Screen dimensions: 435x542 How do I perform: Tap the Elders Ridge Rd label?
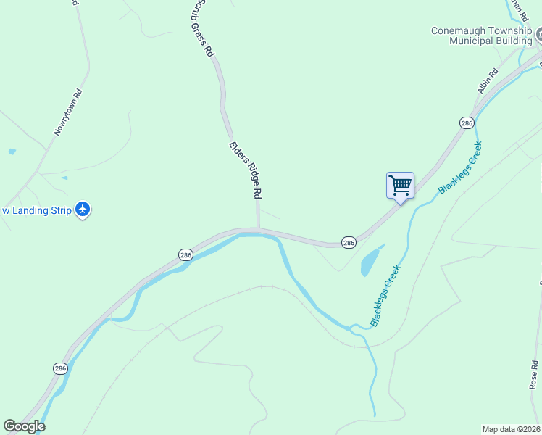tap(245, 170)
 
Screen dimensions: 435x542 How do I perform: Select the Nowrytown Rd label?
tap(69, 112)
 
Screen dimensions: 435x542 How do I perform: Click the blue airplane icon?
tap(83, 210)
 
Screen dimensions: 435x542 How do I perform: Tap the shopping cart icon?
tap(400, 186)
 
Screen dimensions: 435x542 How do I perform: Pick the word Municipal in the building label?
tap(472, 41)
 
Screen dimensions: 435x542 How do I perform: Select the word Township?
tap(509, 30)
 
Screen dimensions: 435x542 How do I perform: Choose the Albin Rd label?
tap(488, 80)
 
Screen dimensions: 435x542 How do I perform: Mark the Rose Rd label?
tap(534, 375)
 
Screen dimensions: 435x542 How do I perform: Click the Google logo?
tap(24, 426)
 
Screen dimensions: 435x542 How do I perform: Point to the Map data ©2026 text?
tap(512, 429)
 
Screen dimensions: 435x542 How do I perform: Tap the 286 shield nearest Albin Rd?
tap(467, 123)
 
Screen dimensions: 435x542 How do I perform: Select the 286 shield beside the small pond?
tap(349, 243)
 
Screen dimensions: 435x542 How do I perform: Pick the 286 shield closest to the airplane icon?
tap(185, 255)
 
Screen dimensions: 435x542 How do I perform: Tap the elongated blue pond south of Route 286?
tap(370, 261)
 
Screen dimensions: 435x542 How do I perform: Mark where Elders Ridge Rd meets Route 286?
tap(258, 230)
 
